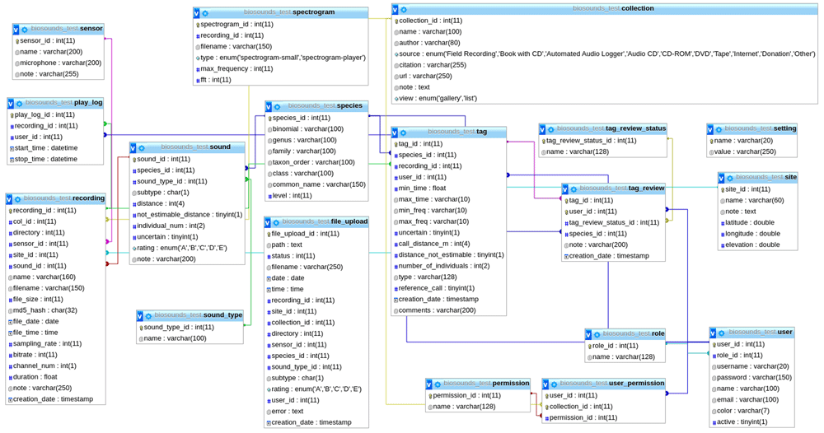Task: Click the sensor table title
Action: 67,29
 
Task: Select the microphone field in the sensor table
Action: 60,63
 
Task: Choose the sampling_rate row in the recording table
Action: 47,343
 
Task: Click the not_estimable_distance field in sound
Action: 190,215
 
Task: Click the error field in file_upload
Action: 287,411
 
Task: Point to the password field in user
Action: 753,377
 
